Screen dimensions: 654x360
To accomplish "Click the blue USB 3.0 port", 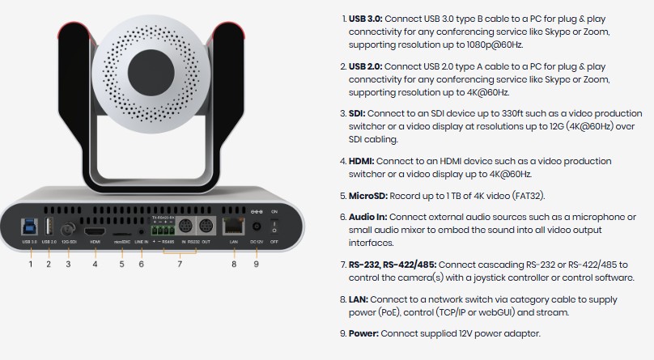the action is click(x=29, y=227).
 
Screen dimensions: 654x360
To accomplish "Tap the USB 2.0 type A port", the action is click(x=49, y=227).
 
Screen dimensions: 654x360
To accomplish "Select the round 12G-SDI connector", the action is click(x=68, y=229).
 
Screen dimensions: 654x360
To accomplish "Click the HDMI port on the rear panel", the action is click(x=95, y=231).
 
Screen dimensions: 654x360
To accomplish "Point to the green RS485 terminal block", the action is click(x=163, y=230).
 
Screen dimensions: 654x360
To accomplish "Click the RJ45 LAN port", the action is click(x=234, y=226).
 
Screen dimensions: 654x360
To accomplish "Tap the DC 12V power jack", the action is click(x=256, y=227).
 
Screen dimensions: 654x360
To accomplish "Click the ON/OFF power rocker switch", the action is click(x=274, y=227).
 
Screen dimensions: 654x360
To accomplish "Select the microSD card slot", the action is click(x=121, y=234).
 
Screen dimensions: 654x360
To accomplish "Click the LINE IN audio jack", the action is click(x=141, y=231).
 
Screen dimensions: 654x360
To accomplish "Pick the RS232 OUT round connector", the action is click(x=206, y=227).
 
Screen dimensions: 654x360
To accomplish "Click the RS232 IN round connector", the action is click(x=185, y=227).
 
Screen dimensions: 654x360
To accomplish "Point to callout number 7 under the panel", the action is click(x=180, y=265).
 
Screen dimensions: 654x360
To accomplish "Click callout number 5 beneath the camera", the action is click(x=121, y=265).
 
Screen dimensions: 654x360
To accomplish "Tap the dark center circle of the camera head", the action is click(x=151, y=73).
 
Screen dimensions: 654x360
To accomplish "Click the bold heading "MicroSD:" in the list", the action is click(x=368, y=196).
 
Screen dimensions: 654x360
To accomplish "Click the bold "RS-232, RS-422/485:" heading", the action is click(x=393, y=265).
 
